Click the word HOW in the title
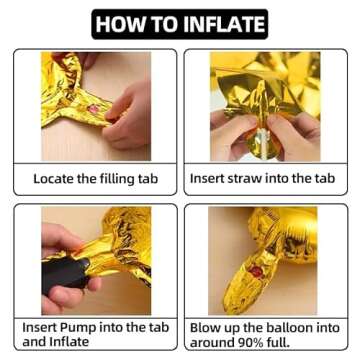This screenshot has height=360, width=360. (117, 24)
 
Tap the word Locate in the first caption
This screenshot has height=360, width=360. (54, 179)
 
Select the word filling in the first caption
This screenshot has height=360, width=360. (117, 179)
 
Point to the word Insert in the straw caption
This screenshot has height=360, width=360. (207, 179)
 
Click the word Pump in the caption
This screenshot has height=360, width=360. (76, 327)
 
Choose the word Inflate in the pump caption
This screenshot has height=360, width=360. (69, 342)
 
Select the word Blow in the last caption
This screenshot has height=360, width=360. (204, 328)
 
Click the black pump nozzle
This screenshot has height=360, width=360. (63, 273)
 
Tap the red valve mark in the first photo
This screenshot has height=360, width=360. (94, 108)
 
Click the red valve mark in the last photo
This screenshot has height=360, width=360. (256, 272)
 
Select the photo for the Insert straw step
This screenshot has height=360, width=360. (265, 106)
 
